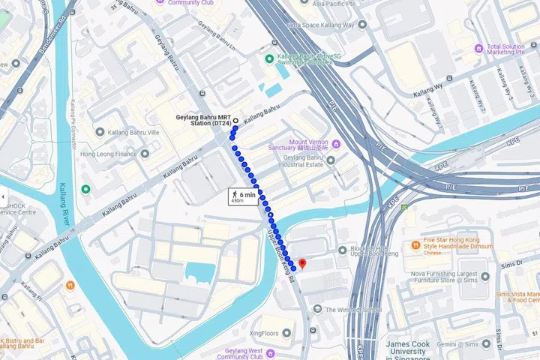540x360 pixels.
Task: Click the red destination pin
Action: pyautogui.click(x=302, y=263)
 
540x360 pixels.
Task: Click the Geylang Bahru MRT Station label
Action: pyautogui.click(x=202, y=121)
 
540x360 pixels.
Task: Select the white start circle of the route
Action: pyautogui.click(x=235, y=121)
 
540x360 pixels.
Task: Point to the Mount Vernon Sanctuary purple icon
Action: pyautogui.click(x=336, y=143)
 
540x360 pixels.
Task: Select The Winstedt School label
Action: pyautogui.click(x=353, y=309)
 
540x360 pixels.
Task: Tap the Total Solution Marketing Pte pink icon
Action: pyautogui.click(x=477, y=49)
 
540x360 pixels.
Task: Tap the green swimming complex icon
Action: pyautogui.click(x=269, y=58)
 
